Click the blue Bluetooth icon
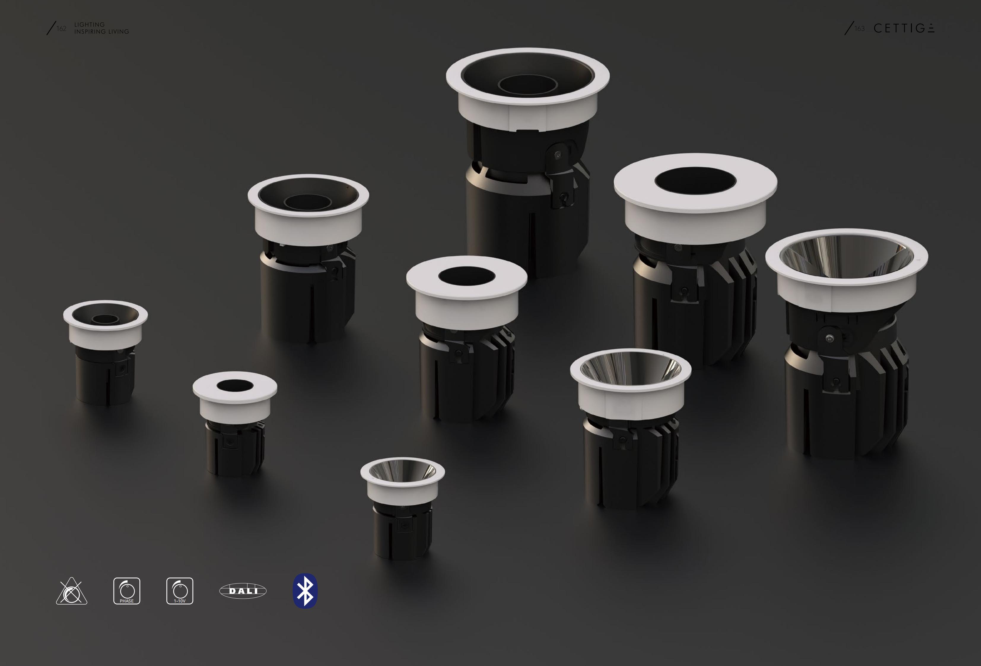pyautogui.click(x=305, y=591)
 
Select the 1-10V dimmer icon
pyautogui.click(x=180, y=591)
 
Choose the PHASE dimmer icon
pyautogui.click(x=127, y=591)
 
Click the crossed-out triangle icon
pyautogui.click(x=72, y=591)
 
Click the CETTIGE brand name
pyautogui.click(x=904, y=28)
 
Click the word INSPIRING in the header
pyautogui.click(x=90, y=32)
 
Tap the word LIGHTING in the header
pyautogui.click(x=90, y=25)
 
